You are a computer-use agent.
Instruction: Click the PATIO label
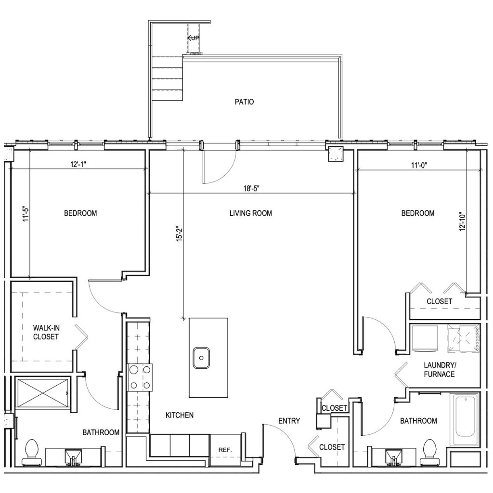point(244,102)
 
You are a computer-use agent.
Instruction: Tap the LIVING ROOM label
point(251,213)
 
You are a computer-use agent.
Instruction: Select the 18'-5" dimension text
point(251,188)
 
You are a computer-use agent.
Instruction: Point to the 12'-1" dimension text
point(78,165)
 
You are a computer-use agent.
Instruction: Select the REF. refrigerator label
point(225,450)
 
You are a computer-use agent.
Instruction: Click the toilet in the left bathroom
point(32,454)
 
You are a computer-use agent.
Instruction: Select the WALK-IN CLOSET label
point(46,332)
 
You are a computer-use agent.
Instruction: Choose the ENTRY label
point(289,421)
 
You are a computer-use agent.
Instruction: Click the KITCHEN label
point(180,415)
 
